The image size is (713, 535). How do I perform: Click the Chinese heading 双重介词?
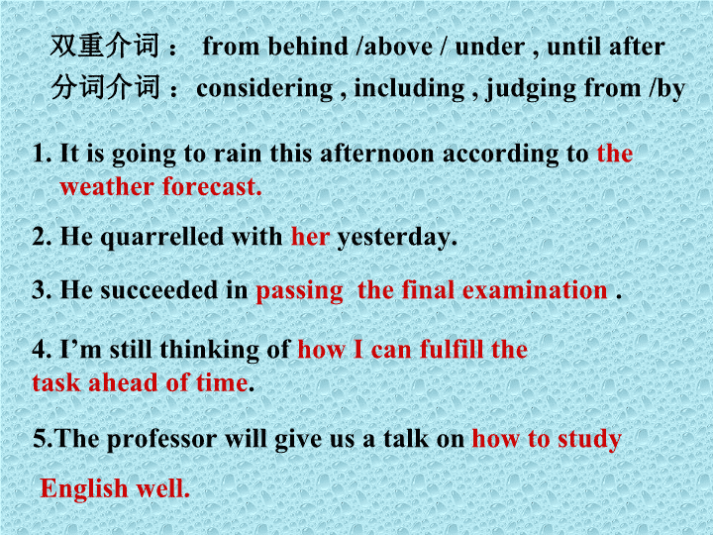[x=105, y=46]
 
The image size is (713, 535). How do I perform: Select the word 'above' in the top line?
[x=398, y=46]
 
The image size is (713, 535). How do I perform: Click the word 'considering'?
[x=264, y=89]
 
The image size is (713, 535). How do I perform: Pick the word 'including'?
[x=409, y=89]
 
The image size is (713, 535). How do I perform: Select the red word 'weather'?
[x=107, y=186]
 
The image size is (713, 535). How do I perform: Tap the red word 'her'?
[x=311, y=237]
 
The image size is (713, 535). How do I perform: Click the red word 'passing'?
[x=300, y=291]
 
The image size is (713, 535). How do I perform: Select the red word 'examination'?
[x=535, y=290]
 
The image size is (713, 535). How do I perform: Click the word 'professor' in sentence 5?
[x=161, y=440]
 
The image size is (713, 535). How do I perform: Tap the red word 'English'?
[x=84, y=489]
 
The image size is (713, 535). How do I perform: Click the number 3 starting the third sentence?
[x=39, y=290]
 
